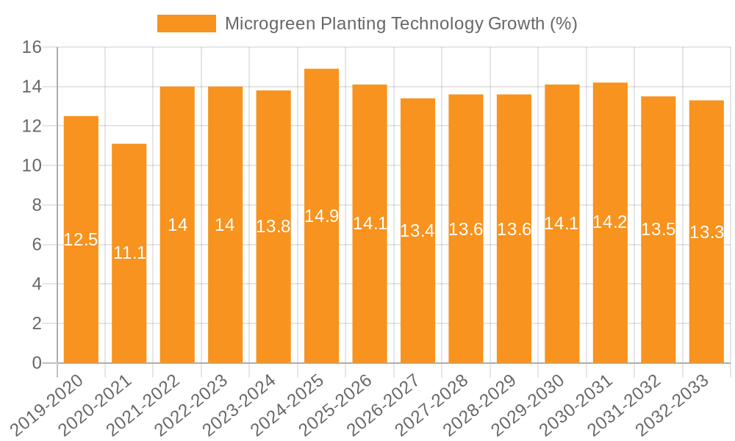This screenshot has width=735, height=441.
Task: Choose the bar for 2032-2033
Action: (706, 294)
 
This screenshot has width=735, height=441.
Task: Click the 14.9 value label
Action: (322, 216)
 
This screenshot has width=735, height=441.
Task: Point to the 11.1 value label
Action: (129, 254)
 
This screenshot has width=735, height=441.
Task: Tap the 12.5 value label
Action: (81, 240)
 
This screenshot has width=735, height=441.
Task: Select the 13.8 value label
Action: (273, 226)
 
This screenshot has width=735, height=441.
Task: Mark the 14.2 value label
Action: (610, 222)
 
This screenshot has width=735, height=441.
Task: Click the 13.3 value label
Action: (706, 233)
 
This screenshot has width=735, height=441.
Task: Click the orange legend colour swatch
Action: (187, 24)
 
